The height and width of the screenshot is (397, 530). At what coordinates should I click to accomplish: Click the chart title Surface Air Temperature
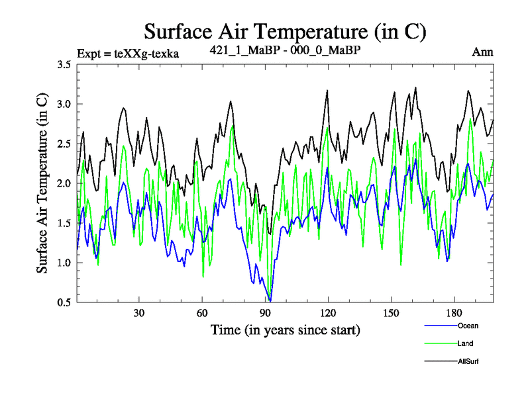tap(285, 31)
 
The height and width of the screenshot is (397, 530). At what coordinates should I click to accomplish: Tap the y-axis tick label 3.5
tap(64, 65)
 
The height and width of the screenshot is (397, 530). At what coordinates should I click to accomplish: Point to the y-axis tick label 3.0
tap(64, 105)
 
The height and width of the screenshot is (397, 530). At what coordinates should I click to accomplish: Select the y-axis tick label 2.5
tap(64, 144)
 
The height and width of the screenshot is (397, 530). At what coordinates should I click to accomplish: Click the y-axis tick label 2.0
tap(64, 184)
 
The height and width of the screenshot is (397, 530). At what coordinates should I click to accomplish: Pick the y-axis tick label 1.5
tap(64, 224)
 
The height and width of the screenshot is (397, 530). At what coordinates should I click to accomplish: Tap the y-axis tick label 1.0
tap(64, 263)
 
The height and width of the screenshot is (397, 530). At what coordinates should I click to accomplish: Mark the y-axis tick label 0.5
tap(64, 303)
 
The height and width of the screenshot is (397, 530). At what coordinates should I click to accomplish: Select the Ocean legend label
tap(467, 326)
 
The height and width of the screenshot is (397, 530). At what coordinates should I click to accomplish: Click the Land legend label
tap(465, 343)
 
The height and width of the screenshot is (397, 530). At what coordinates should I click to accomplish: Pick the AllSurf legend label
tap(468, 361)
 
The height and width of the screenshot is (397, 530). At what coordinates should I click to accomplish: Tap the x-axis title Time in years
tap(286, 329)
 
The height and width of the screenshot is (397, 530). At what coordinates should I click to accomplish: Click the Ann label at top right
tap(483, 52)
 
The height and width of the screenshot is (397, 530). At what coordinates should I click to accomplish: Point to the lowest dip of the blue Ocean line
tap(270, 301)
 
